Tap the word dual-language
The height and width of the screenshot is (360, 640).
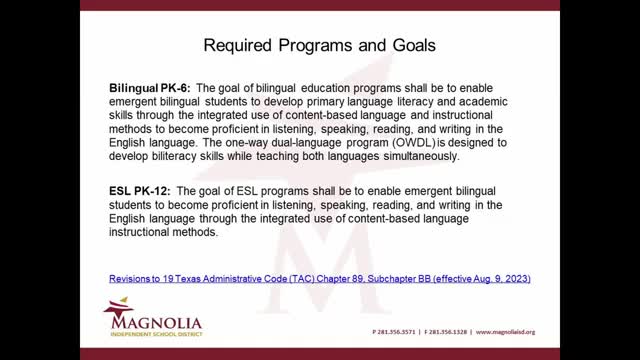(262, 143)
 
